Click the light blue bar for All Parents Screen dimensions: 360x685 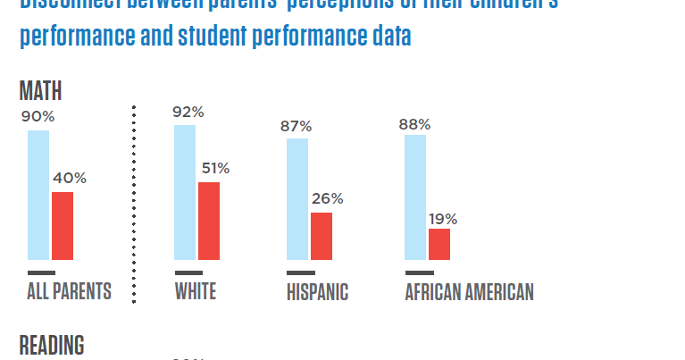coord(38,195)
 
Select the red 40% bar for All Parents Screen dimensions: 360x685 coord(63,226)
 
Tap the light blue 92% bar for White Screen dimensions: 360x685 coord(185,192)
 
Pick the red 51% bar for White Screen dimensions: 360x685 coord(209,221)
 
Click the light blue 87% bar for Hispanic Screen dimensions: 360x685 coord(297,199)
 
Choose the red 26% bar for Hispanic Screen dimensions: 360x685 coord(322,236)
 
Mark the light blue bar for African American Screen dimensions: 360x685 coord(415,197)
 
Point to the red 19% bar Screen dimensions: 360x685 coord(439,244)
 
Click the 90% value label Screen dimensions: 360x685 coord(38,116)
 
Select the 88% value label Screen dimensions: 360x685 coord(414,124)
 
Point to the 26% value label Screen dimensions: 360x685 coord(327,198)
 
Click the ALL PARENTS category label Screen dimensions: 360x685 coord(69,292)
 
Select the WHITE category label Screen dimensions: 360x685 coord(196,292)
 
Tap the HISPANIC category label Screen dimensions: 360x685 coord(317,292)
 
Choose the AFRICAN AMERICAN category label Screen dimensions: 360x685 coord(469,292)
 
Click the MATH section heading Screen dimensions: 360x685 coord(40,91)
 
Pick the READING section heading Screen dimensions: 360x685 coord(52,346)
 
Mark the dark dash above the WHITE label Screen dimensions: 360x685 coord(188,272)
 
